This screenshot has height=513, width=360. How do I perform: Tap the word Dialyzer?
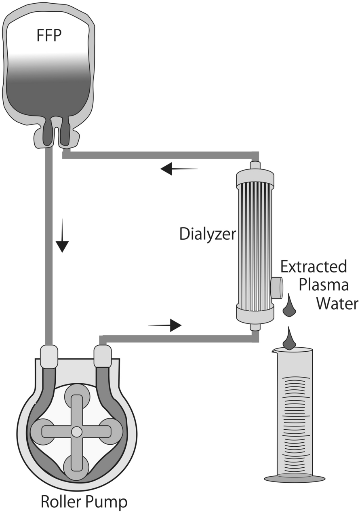coord(207,234)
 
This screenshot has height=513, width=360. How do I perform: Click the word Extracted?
coord(314,267)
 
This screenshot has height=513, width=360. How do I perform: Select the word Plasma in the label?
coord(323,285)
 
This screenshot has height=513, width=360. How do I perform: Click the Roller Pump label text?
coord(84,502)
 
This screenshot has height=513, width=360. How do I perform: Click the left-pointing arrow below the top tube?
coord(178,169)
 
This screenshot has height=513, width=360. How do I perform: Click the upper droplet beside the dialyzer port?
coord(289,307)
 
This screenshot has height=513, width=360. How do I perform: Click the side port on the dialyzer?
coord(276,288)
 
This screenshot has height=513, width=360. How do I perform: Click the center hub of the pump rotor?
coord(76,432)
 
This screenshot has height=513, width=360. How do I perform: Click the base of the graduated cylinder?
coord(295,479)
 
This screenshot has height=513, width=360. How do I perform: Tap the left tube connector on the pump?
coord(49,357)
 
